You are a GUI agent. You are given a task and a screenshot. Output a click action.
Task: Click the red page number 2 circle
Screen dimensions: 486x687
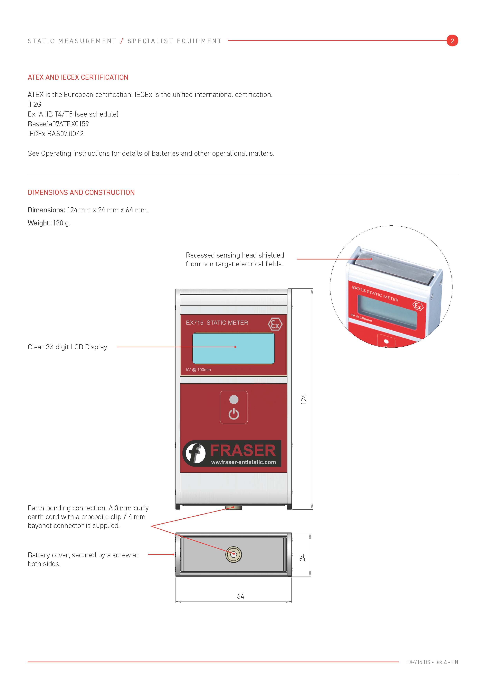point(452,41)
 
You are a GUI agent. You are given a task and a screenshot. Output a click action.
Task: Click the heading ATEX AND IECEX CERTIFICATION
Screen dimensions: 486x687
point(78,78)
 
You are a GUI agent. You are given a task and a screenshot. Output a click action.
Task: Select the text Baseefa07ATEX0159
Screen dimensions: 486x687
point(58,124)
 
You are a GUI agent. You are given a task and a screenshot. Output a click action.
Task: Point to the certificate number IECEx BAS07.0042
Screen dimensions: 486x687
point(56,134)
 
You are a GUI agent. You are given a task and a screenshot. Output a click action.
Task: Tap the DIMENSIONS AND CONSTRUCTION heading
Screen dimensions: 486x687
point(81,192)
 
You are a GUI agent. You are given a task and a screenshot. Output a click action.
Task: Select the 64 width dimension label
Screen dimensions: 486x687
point(241,596)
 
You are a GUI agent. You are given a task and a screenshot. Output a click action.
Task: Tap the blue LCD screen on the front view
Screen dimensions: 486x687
point(233,348)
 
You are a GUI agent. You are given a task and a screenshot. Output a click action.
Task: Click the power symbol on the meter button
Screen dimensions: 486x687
point(234,414)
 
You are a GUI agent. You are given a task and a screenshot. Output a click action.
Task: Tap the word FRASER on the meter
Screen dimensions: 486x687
point(243,450)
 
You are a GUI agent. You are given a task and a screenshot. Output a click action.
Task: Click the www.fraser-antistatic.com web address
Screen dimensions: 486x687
point(243,462)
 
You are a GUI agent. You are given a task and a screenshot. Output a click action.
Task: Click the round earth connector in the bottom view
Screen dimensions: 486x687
point(233,554)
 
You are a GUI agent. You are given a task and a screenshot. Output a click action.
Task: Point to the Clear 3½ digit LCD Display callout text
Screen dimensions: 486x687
point(68,347)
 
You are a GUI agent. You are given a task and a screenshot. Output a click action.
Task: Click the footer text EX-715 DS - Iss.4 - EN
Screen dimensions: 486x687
point(432,662)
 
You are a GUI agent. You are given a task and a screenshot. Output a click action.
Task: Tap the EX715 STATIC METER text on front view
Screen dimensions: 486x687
point(217,323)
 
